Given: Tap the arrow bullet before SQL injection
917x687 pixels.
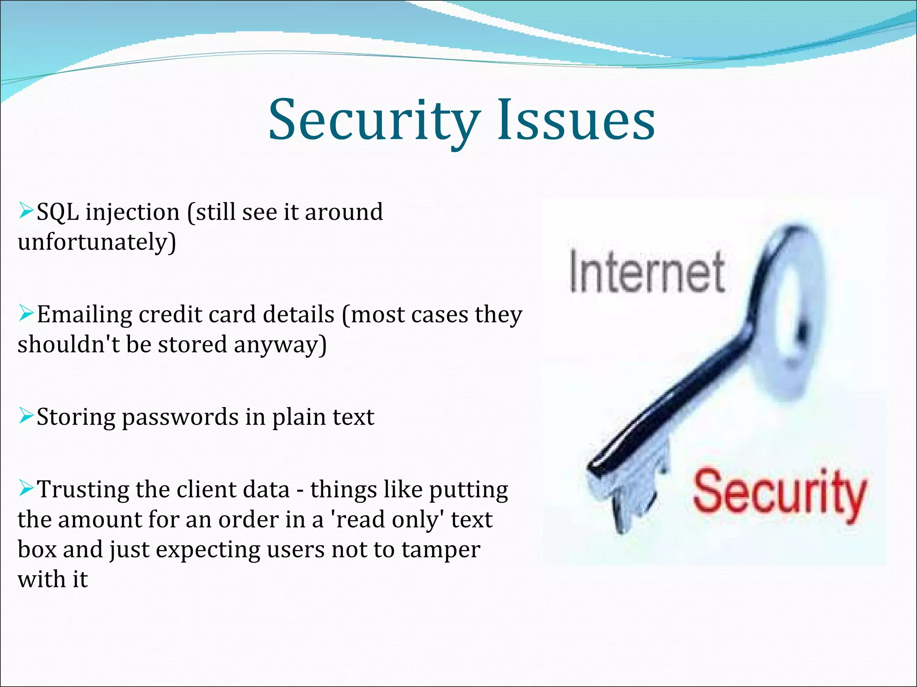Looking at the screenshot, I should (26, 209).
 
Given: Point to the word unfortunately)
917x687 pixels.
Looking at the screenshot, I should (97, 242).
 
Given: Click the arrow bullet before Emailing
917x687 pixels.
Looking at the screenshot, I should (26, 313).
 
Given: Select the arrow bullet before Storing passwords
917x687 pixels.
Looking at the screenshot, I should (26, 416).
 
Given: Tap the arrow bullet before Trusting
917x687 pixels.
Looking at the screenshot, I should (26, 488).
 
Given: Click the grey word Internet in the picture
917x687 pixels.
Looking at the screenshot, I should (647, 272).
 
